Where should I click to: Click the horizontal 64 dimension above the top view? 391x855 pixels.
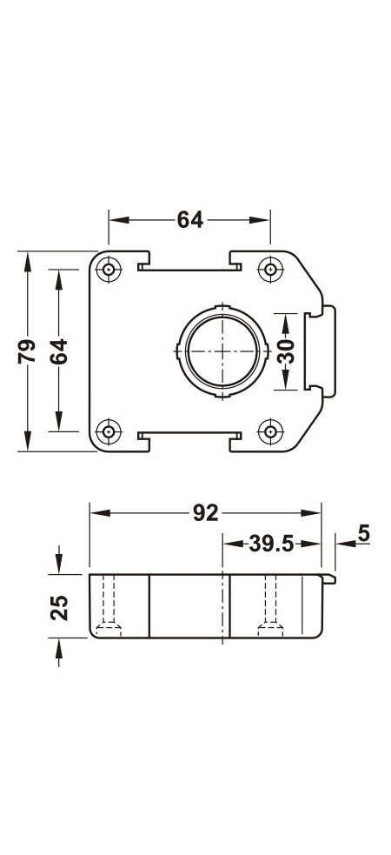click(189, 220)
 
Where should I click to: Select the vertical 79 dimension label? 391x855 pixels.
click(27, 351)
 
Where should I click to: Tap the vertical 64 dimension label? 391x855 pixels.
click(57, 351)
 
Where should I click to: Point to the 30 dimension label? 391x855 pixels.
click(286, 351)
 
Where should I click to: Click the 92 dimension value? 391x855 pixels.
click(205, 513)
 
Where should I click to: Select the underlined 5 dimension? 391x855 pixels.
click(363, 533)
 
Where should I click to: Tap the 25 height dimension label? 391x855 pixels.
click(58, 606)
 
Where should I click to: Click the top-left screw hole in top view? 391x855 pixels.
click(109, 270)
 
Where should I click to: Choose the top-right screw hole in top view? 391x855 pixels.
click(271, 270)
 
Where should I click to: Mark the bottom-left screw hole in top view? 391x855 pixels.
click(109, 431)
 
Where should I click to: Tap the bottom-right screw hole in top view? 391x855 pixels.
click(271, 431)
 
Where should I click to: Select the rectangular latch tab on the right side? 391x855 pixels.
click(317, 351)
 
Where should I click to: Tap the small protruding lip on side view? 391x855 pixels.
click(330, 578)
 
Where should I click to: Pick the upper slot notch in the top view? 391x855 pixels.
click(189, 264)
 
